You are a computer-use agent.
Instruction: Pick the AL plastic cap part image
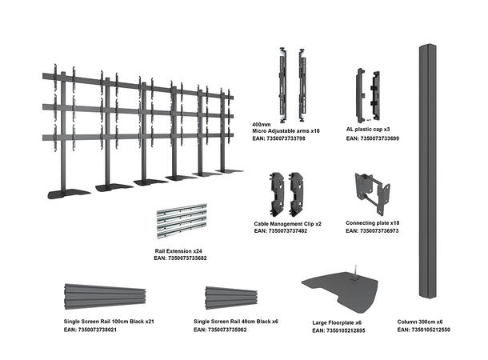[x=366, y=94]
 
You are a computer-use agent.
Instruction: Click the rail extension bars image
[x=183, y=223]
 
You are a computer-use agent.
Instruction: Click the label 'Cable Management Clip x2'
[x=288, y=223]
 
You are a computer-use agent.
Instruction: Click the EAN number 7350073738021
[x=94, y=330]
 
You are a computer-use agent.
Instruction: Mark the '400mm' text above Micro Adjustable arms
[x=261, y=125]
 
